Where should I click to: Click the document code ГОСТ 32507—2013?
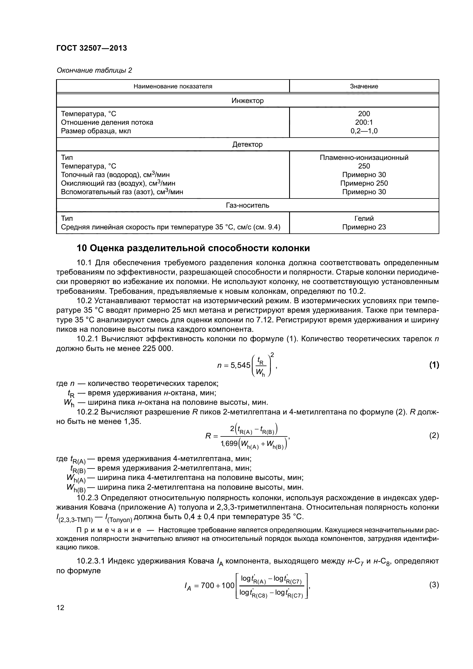[92, 48]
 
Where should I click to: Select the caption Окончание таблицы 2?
[94, 70]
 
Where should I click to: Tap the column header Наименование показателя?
[173, 86]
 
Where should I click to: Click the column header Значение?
[364, 86]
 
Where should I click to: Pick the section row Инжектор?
[247, 100]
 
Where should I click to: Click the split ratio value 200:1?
[364, 122]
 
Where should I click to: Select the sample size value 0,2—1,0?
[364, 131]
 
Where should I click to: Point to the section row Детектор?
[247, 144]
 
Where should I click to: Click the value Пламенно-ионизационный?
[364, 157]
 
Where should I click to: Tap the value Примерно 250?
[364, 183]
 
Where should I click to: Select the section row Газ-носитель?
[247, 205]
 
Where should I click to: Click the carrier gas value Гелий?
[364, 218]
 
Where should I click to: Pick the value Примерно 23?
[364, 227]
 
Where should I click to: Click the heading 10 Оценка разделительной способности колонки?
[193, 248]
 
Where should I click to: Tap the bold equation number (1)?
[434, 365]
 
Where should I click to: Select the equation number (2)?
[434, 436]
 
